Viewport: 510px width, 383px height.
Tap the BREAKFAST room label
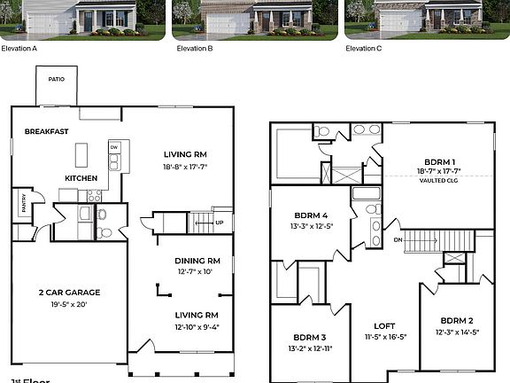pyautogui.click(x=47, y=131)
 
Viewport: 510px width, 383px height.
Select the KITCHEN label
pyautogui.click(x=81, y=178)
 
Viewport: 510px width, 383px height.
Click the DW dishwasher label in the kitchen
pyautogui.click(x=114, y=147)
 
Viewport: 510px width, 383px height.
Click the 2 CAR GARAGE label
pyautogui.click(x=68, y=292)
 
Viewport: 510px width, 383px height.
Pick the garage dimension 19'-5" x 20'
pyautogui.click(x=68, y=304)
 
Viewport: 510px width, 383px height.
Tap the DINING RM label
pyautogui.click(x=197, y=261)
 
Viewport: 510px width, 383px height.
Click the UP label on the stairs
pyautogui.click(x=220, y=223)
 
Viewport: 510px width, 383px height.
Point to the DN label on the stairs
pyautogui.click(x=398, y=239)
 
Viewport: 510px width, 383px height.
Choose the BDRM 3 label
pyautogui.click(x=311, y=337)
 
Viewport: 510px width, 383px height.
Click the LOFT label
pyautogui.click(x=385, y=324)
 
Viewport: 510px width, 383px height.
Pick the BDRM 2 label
pyautogui.click(x=456, y=320)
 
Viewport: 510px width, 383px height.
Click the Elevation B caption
pyautogui.click(x=195, y=48)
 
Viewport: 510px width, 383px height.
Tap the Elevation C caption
pyautogui.click(x=365, y=48)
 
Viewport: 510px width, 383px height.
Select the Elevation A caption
pyautogui.click(x=19, y=48)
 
